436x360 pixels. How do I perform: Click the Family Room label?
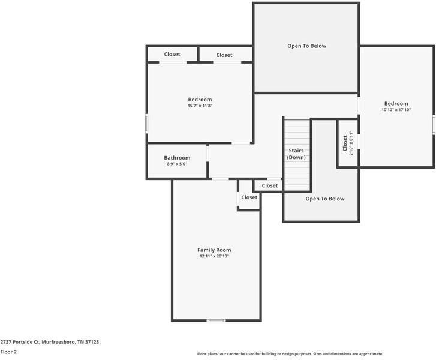pyautogui.click(x=214, y=250)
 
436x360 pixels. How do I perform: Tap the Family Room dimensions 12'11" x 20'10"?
pyautogui.click(x=214, y=256)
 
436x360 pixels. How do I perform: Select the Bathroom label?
pyautogui.click(x=177, y=158)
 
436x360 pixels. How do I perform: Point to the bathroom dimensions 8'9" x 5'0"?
pyautogui.click(x=177, y=164)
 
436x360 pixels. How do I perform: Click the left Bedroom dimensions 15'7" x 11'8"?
pyautogui.click(x=200, y=106)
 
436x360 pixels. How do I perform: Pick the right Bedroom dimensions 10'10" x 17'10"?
pyautogui.click(x=396, y=110)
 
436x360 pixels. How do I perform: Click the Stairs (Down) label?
pyautogui.click(x=296, y=154)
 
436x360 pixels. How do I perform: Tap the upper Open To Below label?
pyautogui.click(x=306, y=46)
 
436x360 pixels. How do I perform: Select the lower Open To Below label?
pyautogui.click(x=325, y=199)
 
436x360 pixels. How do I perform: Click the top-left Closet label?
pyautogui.click(x=172, y=54)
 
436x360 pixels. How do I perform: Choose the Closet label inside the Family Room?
pyautogui.click(x=249, y=197)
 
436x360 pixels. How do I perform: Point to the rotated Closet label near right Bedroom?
pyautogui.click(x=345, y=144)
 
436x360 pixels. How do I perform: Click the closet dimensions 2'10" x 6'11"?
pyautogui.click(x=351, y=144)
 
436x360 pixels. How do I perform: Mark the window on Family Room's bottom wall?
pyautogui.click(x=216, y=320)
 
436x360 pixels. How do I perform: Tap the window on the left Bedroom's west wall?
pyautogui.click(x=147, y=124)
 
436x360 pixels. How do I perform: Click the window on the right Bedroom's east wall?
pyautogui.click(x=434, y=124)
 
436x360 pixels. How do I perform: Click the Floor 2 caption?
pyautogui.click(x=8, y=352)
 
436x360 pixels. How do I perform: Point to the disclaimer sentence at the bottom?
pyautogui.click(x=290, y=354)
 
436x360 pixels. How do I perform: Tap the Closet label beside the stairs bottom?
pyautogui.click(x=270, y=185)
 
